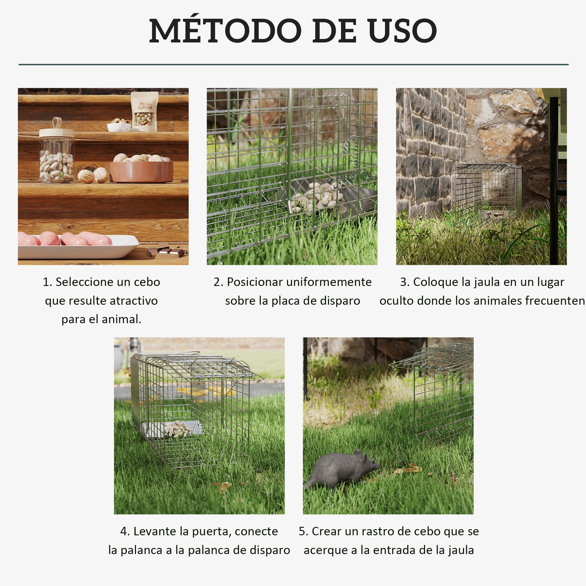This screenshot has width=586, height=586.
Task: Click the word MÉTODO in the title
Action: pyautogui.click(x=225, y=31)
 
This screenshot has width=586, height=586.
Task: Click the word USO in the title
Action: pyautogui.click(x=403, y=31)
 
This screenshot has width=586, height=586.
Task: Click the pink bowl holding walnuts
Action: pyautogui.click(x=141, y=171)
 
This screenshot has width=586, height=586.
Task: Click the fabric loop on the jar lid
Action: pyautogui.click(x=57, y=123)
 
